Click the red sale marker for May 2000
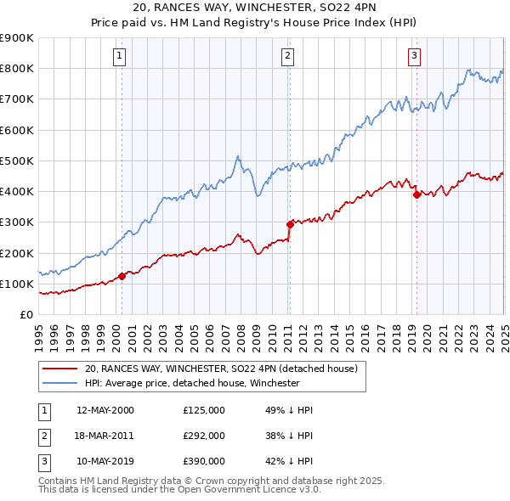[x=122, y=275]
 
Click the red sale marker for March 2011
[x=290, y=224]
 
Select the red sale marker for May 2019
[x=416, y=194]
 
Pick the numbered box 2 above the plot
[x=287, y=57]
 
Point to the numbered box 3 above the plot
[x=414, y=57]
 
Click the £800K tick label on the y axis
[x=17, y=69]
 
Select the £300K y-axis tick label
[x=17, y=222]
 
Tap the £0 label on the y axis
[x=25, y=315]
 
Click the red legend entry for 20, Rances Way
[x=226, y=369]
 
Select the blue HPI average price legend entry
[x=192, y=383]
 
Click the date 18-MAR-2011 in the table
[x=106, y=436]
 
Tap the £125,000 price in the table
[x=204, y=410]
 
